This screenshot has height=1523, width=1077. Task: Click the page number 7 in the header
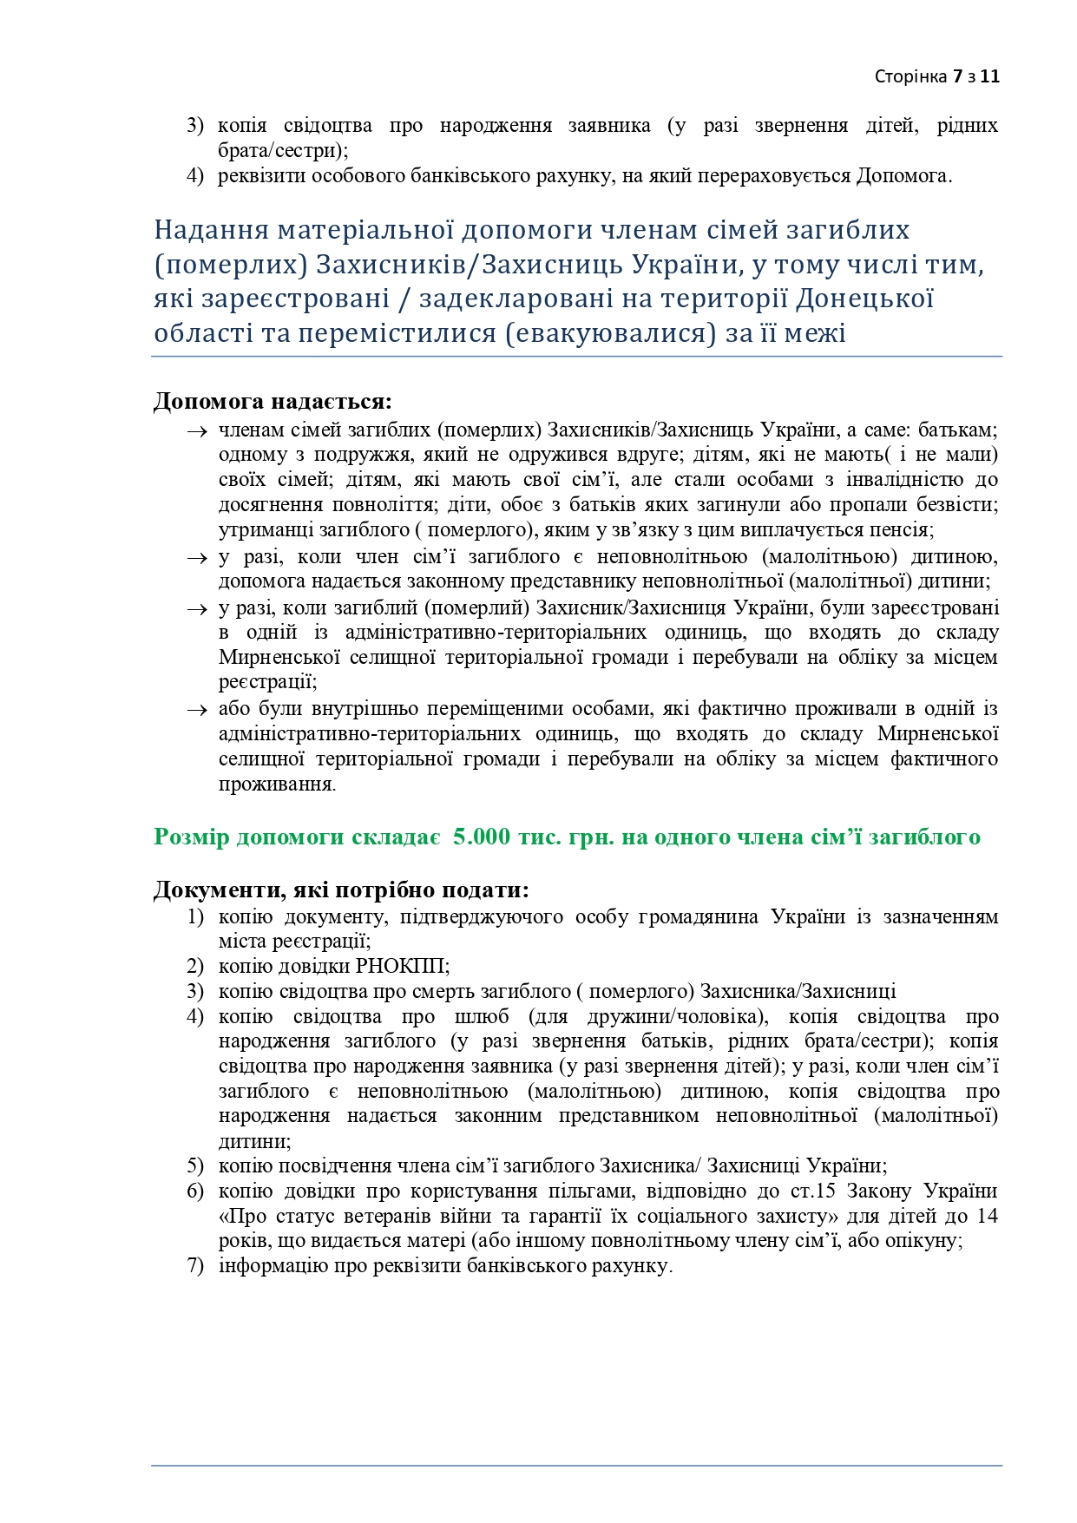(957, 76)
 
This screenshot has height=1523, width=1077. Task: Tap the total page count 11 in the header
(991, 76)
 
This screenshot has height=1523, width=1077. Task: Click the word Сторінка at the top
(910, 76)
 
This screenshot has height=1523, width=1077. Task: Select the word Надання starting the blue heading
(211, 230)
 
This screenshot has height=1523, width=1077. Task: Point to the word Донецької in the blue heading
(864, 299)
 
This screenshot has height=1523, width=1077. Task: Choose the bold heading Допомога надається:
(273, 402)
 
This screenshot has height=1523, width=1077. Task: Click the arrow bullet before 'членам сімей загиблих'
(197, 430)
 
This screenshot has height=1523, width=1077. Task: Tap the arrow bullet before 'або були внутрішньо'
(197, 710)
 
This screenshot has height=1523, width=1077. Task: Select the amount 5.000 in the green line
(482, 837)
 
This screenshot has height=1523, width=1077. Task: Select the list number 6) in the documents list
(195, 1191)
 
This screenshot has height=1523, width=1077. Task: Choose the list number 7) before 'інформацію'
(195, 1266)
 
